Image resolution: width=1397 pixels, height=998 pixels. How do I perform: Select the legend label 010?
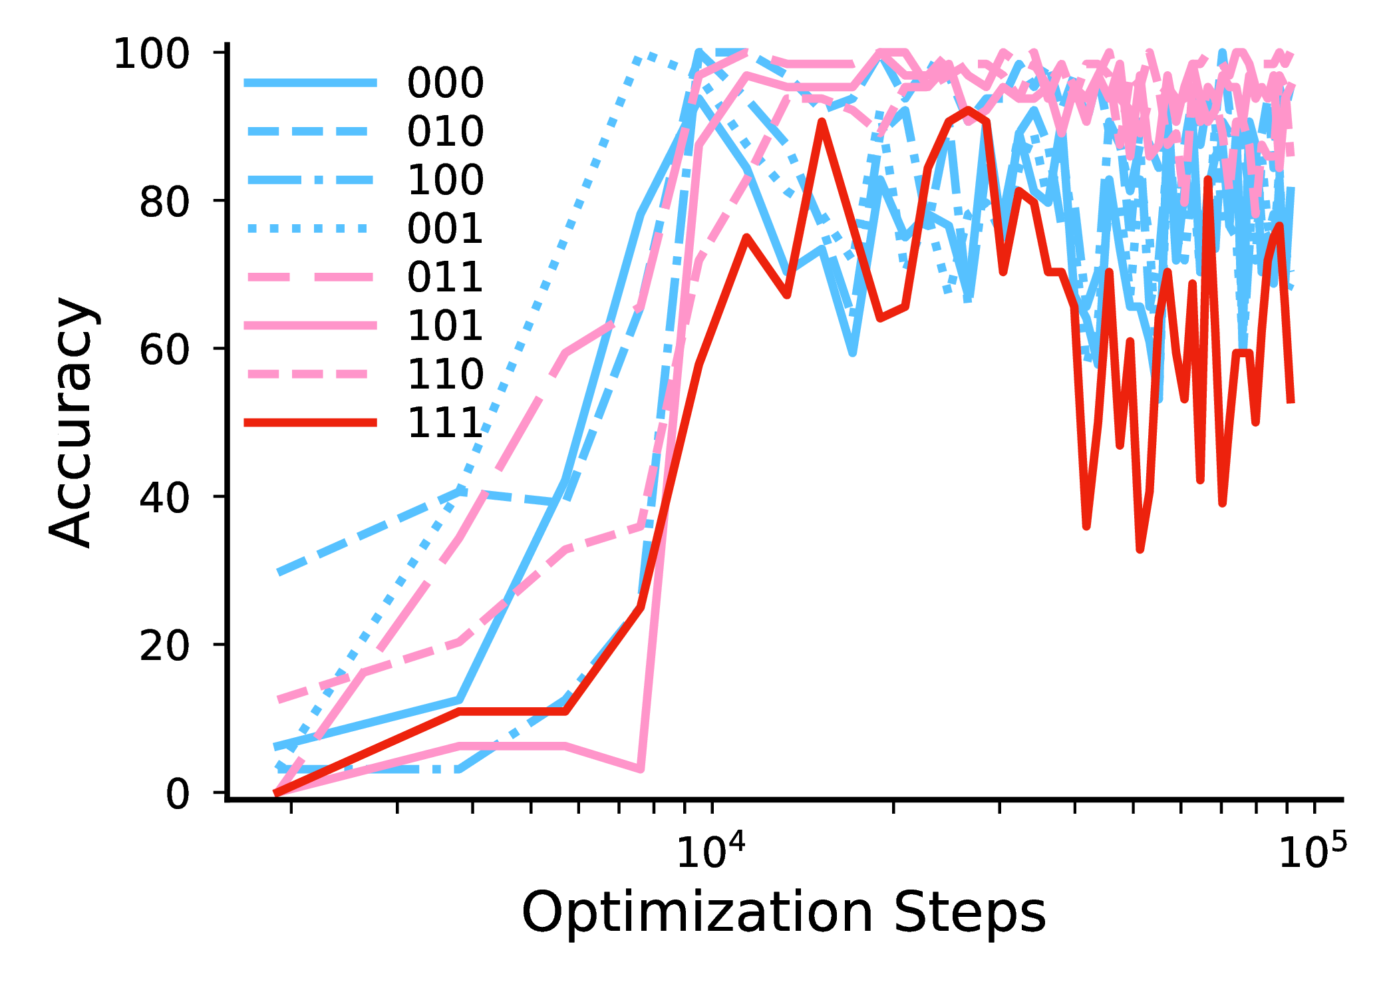pos(445,131)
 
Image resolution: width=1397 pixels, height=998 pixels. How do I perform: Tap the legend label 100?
pos(445,180)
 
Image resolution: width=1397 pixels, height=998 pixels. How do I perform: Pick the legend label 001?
pos(445,228)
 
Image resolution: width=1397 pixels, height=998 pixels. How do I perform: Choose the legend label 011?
pos(445,277)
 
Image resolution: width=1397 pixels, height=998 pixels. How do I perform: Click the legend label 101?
pos(445,325)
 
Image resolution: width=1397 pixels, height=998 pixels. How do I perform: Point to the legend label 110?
pos(445,374)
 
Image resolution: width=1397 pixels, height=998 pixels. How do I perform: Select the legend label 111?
pos(445,422)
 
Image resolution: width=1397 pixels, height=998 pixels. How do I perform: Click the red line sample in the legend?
pos(310,422)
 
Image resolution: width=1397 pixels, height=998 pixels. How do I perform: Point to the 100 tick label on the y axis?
pos(152,53)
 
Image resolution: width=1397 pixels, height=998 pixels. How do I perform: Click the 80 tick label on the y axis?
pos(164,201)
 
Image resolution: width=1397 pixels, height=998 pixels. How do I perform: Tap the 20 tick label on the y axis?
pos(164,645)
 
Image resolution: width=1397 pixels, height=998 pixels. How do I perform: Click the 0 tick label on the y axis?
pos(177,793)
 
